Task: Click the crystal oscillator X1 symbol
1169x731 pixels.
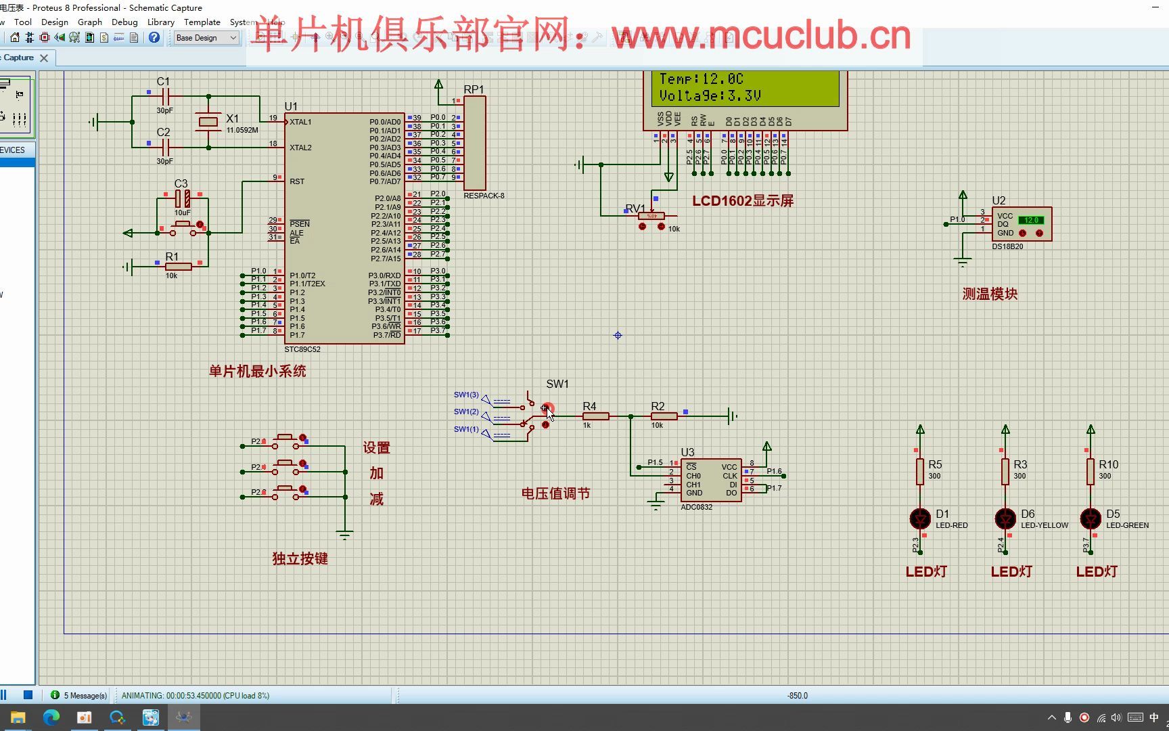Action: [208, 122]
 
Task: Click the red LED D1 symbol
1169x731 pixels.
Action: [920, 518]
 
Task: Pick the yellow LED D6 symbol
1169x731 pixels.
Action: [1005, 518]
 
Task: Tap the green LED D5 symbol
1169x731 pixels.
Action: [1091, 518]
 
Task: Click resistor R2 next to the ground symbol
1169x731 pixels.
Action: [664, 416]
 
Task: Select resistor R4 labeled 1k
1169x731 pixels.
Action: [595, 416]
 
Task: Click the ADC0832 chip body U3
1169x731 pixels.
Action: [710, 480]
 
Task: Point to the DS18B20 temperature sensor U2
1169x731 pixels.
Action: [1021, 224]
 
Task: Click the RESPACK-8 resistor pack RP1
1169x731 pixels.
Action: [474, 143]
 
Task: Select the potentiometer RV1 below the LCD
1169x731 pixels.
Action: [651, 217]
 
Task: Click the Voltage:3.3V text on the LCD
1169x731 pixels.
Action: [710, 96]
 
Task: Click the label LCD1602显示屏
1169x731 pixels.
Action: [742, 201]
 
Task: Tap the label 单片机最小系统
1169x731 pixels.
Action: [257, 372]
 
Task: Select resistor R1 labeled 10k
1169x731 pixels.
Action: [178, 267]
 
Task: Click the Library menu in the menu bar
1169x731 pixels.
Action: [160, 22]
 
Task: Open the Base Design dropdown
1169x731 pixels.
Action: [206, 38]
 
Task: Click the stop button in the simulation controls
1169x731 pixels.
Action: [28, 694]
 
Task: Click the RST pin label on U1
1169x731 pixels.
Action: [297, 181]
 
